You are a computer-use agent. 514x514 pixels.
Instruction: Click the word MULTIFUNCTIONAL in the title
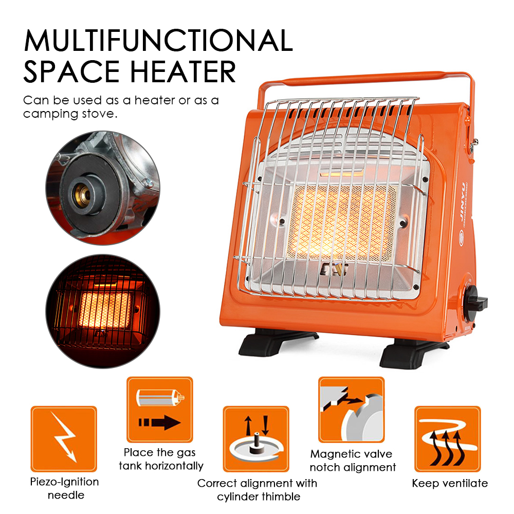click(158, 41)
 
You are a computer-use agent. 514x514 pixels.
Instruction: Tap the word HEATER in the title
click(183, 71)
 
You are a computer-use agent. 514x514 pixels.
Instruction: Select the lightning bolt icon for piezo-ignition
click(64, 438)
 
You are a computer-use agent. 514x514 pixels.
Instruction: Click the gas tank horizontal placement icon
click(160, 410)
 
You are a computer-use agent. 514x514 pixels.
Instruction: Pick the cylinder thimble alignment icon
click(256, 439)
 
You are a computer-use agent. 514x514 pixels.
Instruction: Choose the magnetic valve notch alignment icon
click(352, 410)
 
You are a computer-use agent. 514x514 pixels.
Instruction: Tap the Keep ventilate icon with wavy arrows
click(448, 439)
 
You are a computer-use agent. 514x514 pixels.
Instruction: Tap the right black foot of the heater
click(414, 354)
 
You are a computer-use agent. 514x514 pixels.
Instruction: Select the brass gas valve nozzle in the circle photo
click(82, 195)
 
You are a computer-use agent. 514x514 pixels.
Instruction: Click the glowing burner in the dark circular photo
click(105, 310)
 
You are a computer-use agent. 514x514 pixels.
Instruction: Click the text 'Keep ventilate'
click(450, 483)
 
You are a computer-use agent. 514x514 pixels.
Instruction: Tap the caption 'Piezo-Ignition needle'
click(65, 488)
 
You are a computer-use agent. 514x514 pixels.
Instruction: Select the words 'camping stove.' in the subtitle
click(70, 114)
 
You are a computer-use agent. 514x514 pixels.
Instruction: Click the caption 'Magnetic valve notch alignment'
click(353, 461)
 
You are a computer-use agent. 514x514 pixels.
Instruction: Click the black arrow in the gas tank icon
click(159, 423)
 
